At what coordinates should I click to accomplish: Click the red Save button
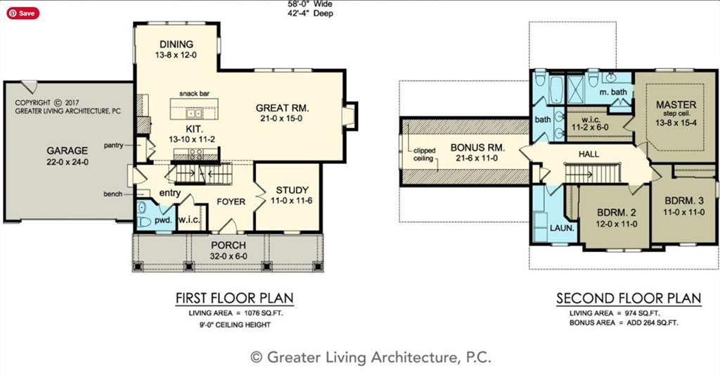(23, 13)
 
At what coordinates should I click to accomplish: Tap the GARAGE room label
(67, 151)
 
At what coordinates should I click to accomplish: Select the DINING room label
(176, 44)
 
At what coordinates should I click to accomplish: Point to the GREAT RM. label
(282, 108)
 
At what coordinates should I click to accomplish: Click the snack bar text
(194, 94)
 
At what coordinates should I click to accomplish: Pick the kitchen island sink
(194, 113)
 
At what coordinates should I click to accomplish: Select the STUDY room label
(292, 190)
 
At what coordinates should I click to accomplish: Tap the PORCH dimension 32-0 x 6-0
(229, 256)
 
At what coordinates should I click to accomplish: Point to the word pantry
(113, 145)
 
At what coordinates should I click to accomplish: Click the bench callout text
(112, 194)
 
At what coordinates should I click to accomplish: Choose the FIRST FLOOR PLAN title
(234, 298)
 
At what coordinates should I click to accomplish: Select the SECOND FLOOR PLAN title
(629, 298)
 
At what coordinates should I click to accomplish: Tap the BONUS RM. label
(477, 148)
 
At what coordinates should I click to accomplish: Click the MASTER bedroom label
(676, 104)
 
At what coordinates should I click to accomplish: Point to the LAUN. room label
(562, 228)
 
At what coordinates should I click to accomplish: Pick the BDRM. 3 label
(683, 201)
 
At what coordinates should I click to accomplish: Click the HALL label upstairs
(589, 154)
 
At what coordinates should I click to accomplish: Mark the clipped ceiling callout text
(424, 155)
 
